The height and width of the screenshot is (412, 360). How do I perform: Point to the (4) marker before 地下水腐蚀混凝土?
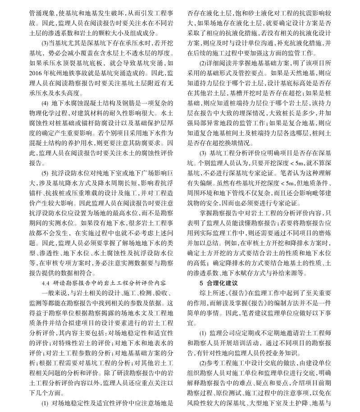click(45, 103)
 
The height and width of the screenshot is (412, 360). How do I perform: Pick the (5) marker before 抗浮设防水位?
click(45, 173)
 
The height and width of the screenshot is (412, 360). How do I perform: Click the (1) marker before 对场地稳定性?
click(45, 403)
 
